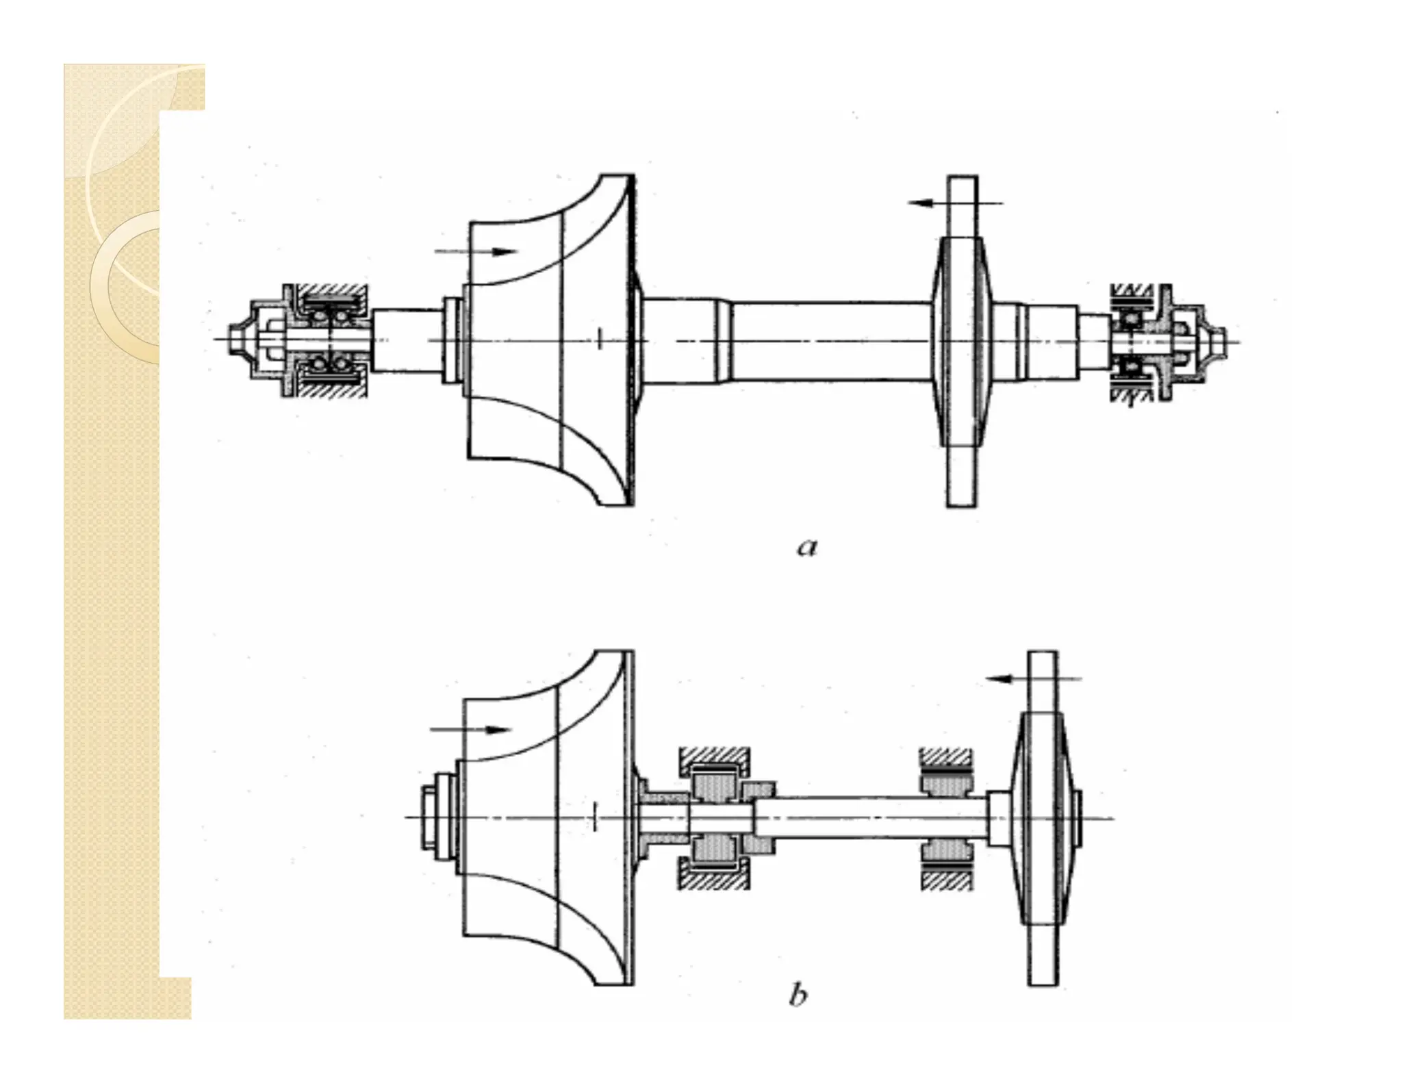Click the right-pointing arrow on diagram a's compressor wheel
point(476,251)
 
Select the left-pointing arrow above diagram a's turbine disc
point(954,203)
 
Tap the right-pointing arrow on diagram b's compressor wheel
point(471,730)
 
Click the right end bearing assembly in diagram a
point(1133,340)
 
